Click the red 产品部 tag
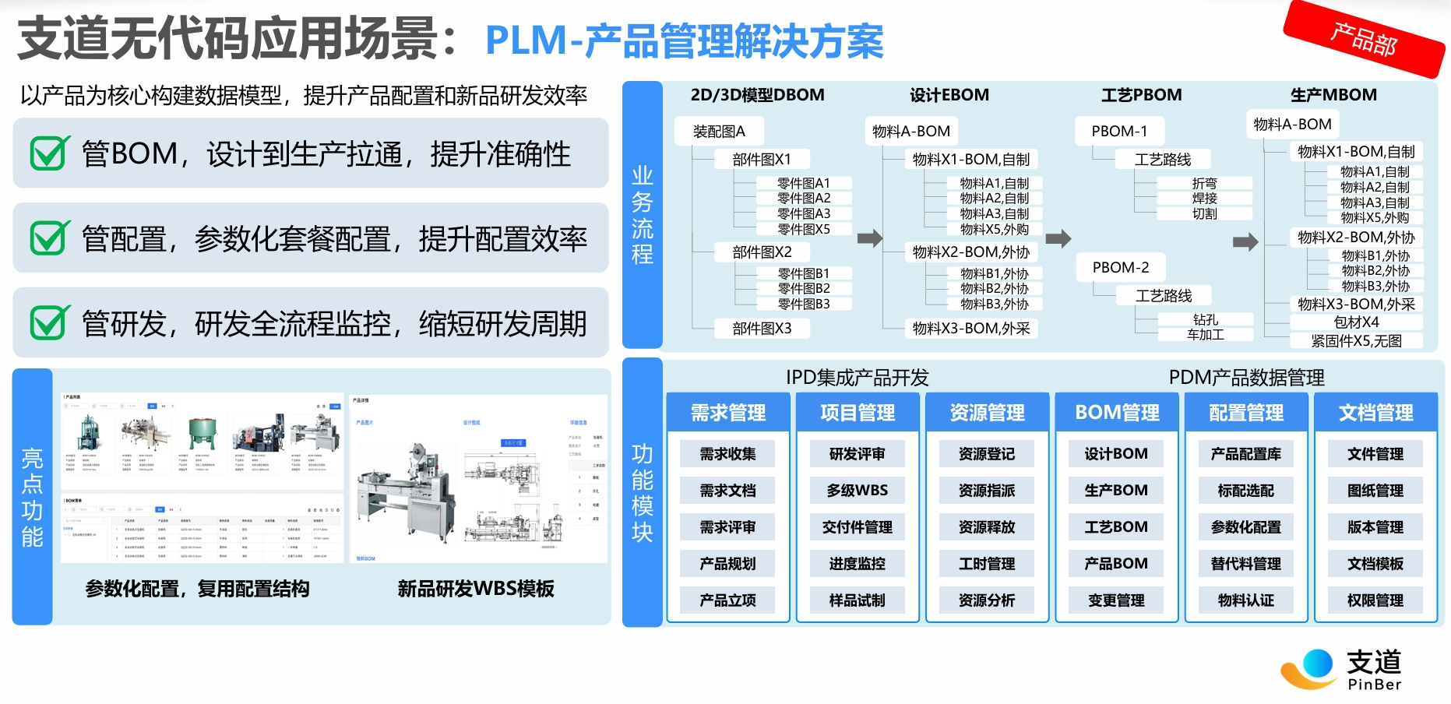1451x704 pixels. [1363, 39]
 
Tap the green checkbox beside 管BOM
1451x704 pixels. [49, 153]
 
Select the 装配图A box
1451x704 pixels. [719, 132]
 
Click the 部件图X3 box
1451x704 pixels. [761, 329]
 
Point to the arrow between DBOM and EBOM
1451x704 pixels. [869, 238]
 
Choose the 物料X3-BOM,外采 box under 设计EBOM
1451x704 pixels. [970, 329]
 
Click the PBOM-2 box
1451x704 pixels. [1120, 267]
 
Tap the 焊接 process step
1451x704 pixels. [1204, 199]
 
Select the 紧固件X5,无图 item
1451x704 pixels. [1356, 340]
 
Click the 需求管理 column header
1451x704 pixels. [728, 413]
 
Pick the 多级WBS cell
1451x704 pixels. [857, 491]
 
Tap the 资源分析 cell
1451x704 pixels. [986, 600]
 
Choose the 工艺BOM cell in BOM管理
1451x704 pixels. [1116, 527]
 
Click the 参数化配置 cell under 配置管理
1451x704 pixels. [1245, 527]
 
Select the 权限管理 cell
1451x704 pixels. [1375, 600]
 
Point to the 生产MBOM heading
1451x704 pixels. [1333, 95]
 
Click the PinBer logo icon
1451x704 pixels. [1310, 668]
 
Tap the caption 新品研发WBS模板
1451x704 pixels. [476, 589]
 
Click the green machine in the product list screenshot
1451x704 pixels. [202, 431]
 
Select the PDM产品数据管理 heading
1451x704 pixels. [1246, 378]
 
